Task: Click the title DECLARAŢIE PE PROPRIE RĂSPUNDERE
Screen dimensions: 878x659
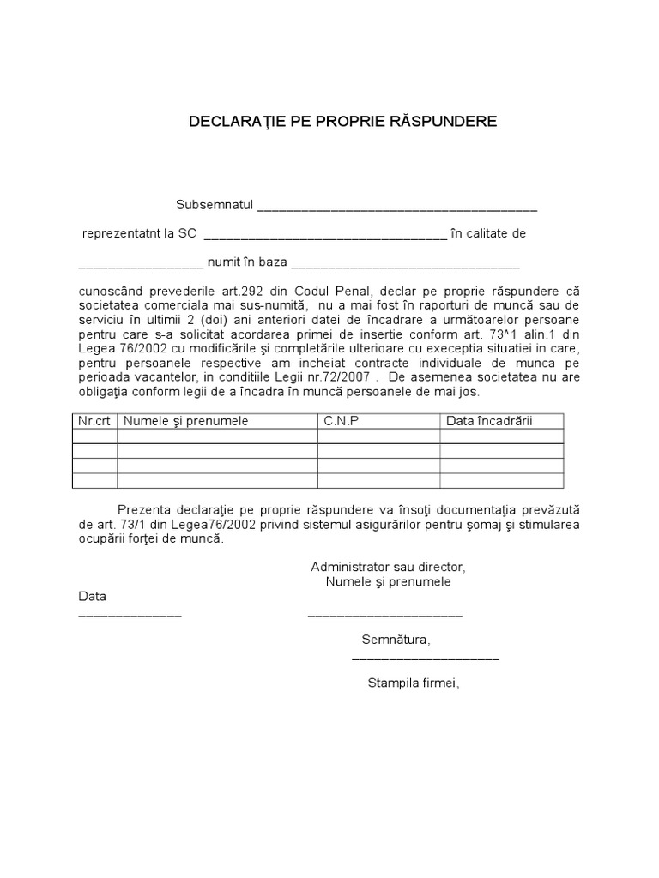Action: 342,122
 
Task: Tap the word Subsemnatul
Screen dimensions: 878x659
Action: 215,205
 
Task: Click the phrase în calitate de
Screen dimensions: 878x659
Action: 488,233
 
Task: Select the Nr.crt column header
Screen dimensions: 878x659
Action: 94,421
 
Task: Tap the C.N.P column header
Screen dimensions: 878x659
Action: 341,421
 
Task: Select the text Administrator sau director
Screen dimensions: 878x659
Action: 388,568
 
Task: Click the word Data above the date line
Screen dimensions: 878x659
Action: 93,596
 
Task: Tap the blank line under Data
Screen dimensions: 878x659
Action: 130,616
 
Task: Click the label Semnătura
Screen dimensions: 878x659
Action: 396,640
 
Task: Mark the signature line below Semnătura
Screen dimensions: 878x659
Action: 426,659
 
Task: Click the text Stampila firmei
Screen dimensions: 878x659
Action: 414,683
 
